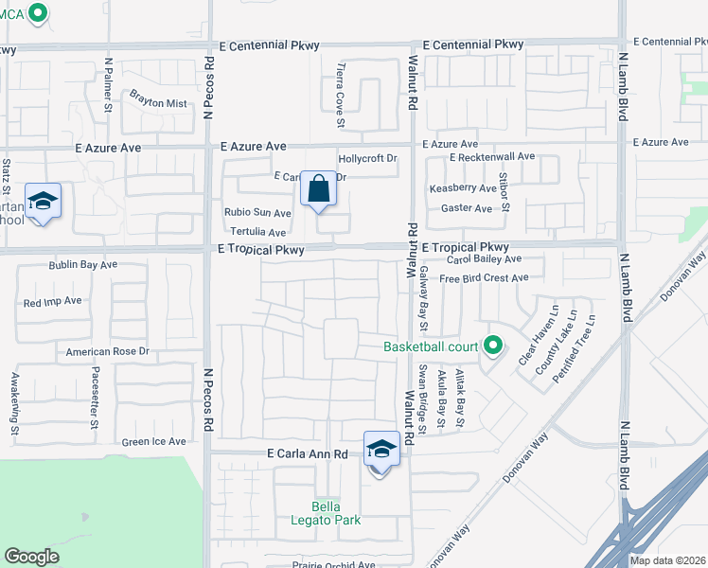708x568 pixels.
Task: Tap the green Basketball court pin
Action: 492,346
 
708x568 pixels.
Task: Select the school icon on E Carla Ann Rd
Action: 381,450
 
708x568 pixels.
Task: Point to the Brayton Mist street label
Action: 159,102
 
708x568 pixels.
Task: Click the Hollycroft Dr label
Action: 367,159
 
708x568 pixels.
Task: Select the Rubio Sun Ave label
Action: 257,213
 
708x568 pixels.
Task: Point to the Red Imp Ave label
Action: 53,302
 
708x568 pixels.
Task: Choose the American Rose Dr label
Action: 108,351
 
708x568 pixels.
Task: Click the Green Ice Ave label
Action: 153,442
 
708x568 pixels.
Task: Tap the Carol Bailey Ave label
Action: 485,258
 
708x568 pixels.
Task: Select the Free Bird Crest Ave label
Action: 484,278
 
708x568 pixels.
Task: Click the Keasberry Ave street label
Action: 462,188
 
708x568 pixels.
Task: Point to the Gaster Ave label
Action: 468,208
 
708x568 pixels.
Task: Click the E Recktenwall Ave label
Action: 492,156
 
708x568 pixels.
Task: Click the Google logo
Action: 31,557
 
